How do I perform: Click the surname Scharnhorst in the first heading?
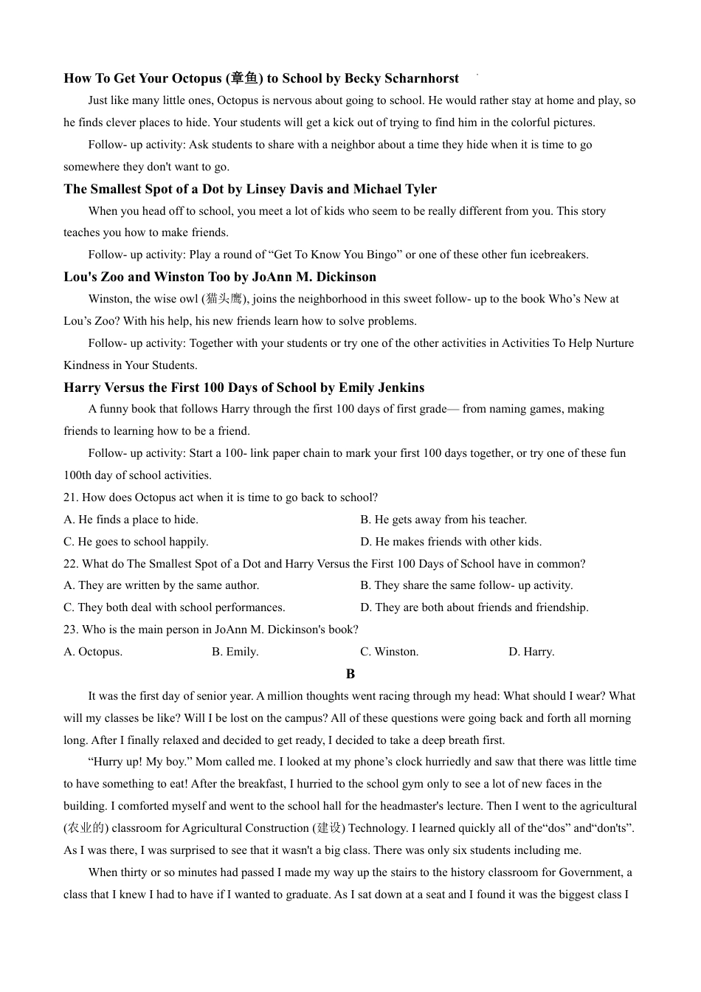pyautogui.click(x=423, y=78)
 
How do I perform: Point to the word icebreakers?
pyautogui.click(x=554, y=255)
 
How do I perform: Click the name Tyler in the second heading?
pyautogui.click(x=419, y=189)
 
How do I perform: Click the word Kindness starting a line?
pyautogui.click(x=86, y=365)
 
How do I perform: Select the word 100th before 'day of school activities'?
pyautogui.click(x=77, y=475)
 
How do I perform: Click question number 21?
pyautogui.click(x=71, y=497)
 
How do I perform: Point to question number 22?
pyautogui.click(x=71, y=564)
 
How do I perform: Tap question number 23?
pyautogui.click(x=71, y=630)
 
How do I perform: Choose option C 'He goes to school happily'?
pyautogui.click(x=137, y=542)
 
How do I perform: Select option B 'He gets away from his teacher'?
pyautogui.click(x=443, y=520)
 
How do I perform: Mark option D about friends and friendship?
pyautogui.click(x=474, y=607)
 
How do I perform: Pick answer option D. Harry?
pyautogui.click(x=531, y=652)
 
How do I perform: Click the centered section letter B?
pyautogui.click(x=350, y=674)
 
